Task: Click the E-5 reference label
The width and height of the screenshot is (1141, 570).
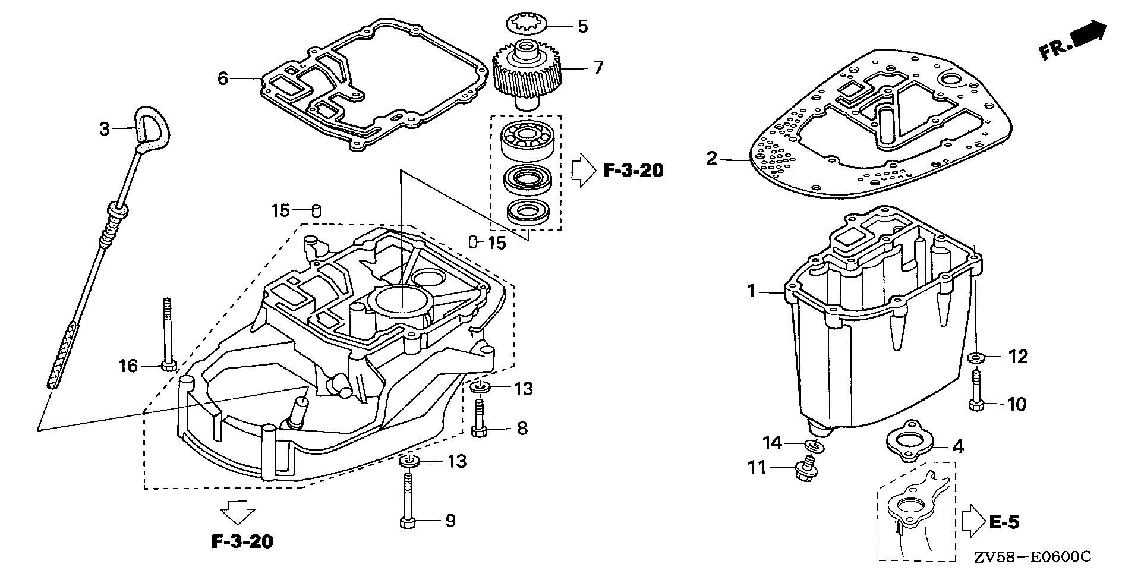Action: point(1004,522)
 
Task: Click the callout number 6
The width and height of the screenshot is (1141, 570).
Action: point(223,78)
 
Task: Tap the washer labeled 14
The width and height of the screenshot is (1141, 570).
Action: point(814,445)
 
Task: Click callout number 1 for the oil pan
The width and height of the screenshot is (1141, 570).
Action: point(751,292)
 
